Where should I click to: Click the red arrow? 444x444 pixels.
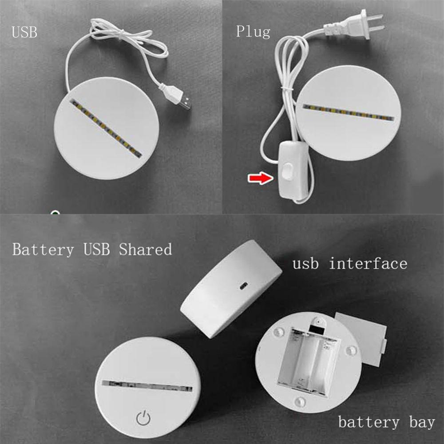pyautogui.click(x=259, y=178)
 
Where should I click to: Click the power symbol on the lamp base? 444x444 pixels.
pyautogui.click(x=143, y=417)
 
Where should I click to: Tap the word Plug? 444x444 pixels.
pyautogui.click(x=253, y=32)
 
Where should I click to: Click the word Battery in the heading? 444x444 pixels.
pyautogui.click(x=43, y=250)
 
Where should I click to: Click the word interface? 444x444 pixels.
pyautogui.click(x=368, y=263)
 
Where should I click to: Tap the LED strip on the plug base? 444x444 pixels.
pyautogui.click(x=348, y=113)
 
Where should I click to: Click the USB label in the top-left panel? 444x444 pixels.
pyautogui.click(x=24, y=32)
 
